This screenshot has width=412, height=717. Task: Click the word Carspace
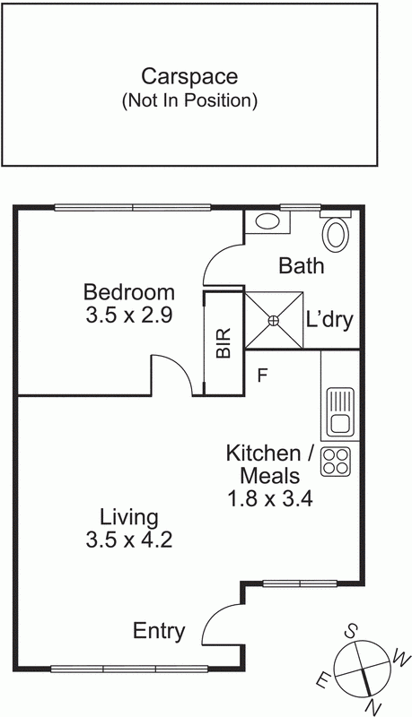pos(189,77)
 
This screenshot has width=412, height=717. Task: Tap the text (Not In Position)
pos(189,100)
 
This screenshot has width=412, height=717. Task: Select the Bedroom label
pos(128,292)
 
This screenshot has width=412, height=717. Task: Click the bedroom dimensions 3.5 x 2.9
pos(128,315)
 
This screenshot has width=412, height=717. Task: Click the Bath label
pos(301,266)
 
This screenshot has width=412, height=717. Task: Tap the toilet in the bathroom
pos(337,233)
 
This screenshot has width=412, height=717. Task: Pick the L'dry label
pos(331,320)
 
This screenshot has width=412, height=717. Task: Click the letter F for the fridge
pos(262,376)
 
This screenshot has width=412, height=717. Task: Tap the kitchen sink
pos(340,410)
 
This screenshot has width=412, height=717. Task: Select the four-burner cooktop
pos(337,461)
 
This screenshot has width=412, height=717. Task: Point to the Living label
pos(128,517)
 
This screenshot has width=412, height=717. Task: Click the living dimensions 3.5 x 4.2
pos(128,540)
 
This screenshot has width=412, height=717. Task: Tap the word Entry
pos(159,632)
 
